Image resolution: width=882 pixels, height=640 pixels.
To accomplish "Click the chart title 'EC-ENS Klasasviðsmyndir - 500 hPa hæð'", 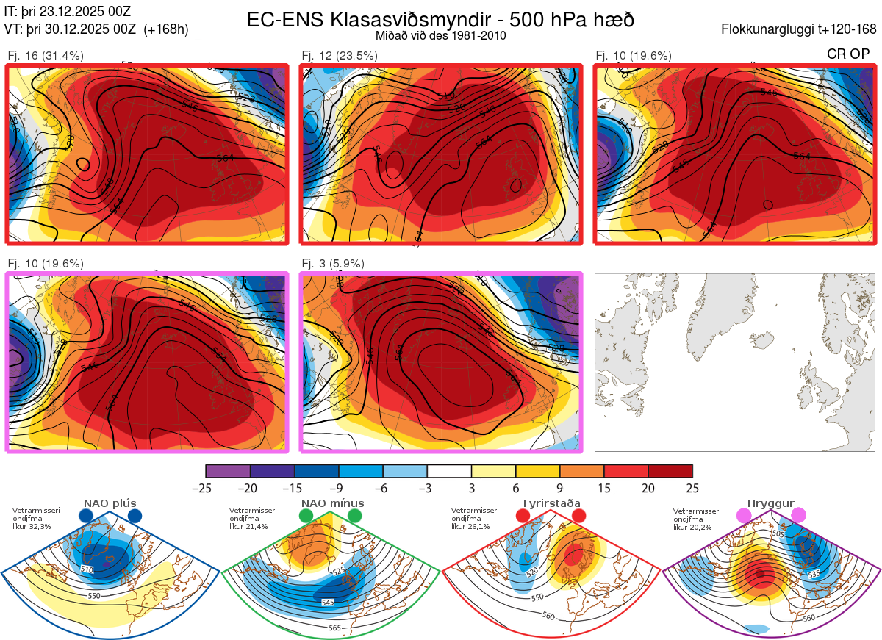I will pyautogui.click(x=440, y=19).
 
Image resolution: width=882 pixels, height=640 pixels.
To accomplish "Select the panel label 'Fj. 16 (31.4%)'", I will pyautogui.click(x=46, y=56).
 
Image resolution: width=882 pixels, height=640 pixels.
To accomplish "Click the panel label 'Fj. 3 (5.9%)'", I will pyautogui.click(x=333, y=264).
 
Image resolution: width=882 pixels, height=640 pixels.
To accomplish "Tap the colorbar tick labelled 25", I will pyautogui.click(x=692, y=488).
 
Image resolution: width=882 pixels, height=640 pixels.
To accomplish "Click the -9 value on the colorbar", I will pyautogui.click(x=339, y=488).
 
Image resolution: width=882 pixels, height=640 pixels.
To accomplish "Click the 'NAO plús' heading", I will pyautogui.click(x=110, y=503).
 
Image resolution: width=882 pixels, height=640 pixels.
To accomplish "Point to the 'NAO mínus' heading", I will pyautogui.click(x=332, y=503).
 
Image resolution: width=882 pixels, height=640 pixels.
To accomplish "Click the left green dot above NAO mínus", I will pyautogui.click(x=306, y=517).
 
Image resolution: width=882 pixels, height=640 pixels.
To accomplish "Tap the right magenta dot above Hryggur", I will pyautogui.click(x=798, y=516).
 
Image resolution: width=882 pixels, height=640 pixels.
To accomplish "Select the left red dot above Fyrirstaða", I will pyautogui.click(x=523, y=517).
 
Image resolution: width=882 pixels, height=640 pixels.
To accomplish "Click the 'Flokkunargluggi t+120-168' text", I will pyautogui.click(x=800, y=29).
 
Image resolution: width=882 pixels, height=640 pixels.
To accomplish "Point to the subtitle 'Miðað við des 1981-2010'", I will pyautogui.click(x=440, y=35).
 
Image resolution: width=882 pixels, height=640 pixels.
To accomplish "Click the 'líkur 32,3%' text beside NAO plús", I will pyautogui.click(x=31, y=527).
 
